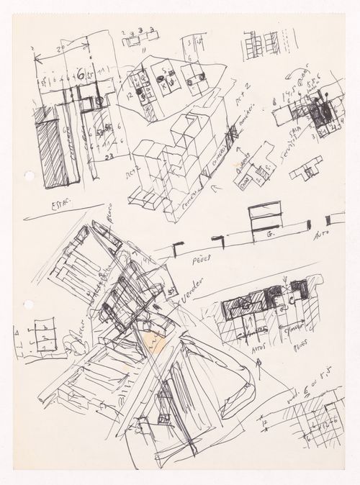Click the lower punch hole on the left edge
pos(28,305)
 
